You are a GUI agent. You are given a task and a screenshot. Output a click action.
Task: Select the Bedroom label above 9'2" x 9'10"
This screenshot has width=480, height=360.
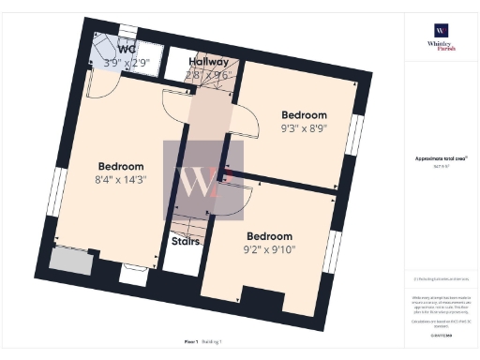coord(269,236)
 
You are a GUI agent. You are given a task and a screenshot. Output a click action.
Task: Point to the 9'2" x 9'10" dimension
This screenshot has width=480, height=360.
coord(268,250)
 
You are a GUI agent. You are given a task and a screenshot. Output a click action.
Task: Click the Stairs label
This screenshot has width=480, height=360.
coord(184,241)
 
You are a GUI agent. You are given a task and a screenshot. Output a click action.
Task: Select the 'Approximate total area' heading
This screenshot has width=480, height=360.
coord(440,159)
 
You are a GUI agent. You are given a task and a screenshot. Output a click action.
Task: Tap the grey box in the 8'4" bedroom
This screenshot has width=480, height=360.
coord(71,261)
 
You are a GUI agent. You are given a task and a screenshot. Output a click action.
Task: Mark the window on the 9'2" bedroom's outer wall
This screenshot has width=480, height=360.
coord(334,250)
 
